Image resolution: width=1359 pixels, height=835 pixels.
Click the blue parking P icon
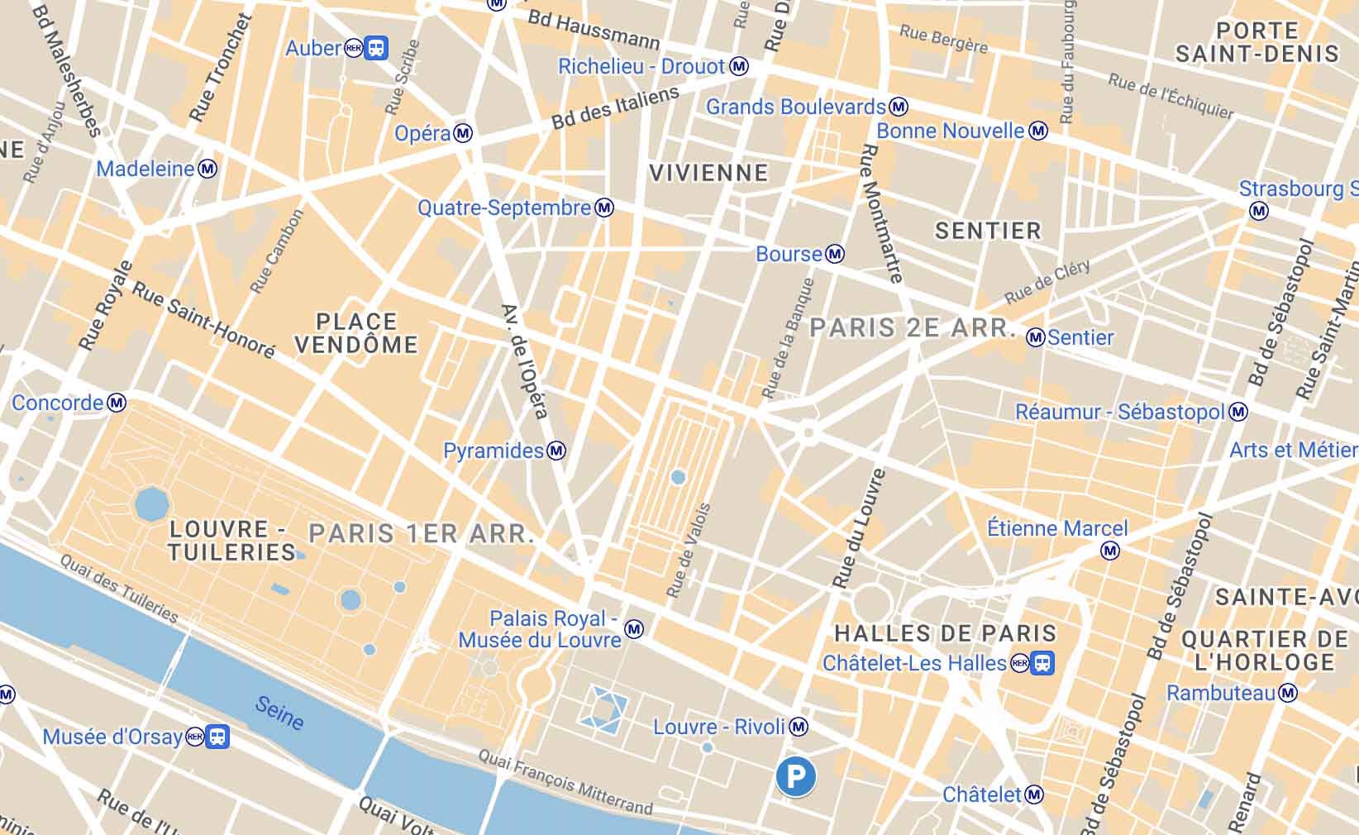tap(795, 776)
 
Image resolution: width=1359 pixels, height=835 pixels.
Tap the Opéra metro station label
tap(422, 133)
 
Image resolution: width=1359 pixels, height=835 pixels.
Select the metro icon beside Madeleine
tap(207, 169)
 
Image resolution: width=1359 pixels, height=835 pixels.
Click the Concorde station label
tap(57, 403)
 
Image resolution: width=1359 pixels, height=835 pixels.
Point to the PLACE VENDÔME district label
tap(356, 333)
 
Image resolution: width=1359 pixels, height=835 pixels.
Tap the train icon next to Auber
tap(376, 48)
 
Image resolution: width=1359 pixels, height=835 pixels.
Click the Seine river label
tap(279, 713)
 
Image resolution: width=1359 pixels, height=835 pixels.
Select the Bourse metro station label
tap(789, 254)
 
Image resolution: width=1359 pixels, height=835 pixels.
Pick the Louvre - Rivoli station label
tap(718, 727)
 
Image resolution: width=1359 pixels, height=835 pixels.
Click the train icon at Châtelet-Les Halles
tap(1042, 663)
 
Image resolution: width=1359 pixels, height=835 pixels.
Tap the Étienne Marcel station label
tap(1057, 528)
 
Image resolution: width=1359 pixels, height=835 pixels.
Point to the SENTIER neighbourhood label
tap(988, 231)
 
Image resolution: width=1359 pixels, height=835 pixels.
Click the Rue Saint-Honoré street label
tap(203, 321)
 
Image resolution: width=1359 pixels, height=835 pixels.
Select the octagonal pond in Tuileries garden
tap(151, 503)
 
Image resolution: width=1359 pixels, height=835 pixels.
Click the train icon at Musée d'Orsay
tap(217, 736)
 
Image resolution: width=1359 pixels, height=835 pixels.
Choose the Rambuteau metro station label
tap(1220, 693)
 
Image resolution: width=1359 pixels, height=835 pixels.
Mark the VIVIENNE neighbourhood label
tap(708, 173)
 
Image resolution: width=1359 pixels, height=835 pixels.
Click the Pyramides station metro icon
tap(556, 451)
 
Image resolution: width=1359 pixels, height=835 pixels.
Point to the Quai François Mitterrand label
tap(566, 782)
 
